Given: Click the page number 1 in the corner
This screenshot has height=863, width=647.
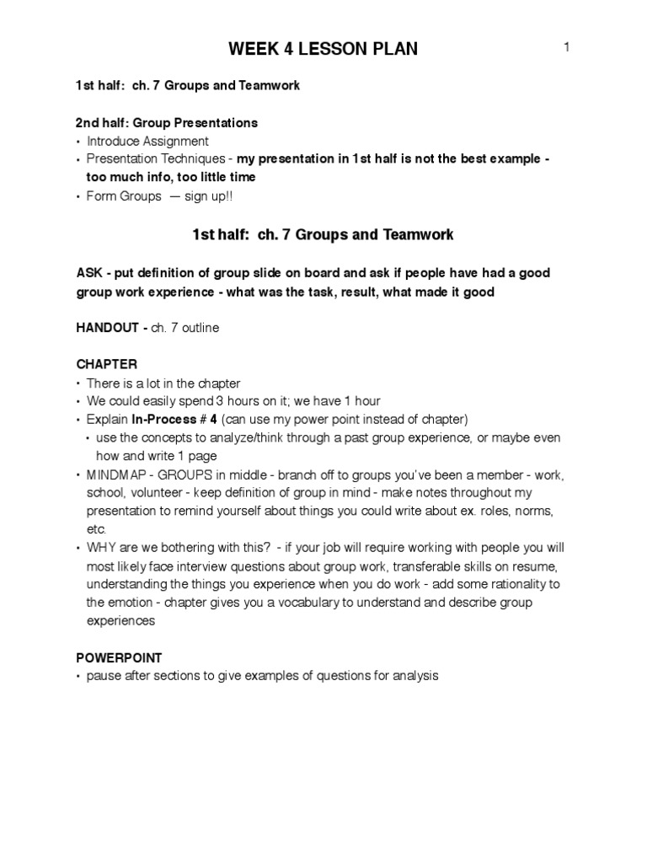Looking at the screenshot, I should (567, 47).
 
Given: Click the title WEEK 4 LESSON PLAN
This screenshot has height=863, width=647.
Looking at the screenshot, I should (323, 50).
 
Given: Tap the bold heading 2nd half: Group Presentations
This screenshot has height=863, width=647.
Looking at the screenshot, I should (167, 123).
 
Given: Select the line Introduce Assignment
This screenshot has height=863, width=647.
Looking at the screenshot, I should (147, 142).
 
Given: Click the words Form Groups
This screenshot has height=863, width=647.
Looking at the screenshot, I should (124, 196).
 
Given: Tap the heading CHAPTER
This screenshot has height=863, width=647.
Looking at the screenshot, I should (106, 365).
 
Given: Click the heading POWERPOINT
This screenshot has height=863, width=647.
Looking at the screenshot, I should (119, 657).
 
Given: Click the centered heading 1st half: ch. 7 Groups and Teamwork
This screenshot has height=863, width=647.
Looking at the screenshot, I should (323, 235).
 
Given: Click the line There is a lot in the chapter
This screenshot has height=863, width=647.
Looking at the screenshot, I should (163, 383).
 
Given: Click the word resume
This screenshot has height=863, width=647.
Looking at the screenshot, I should (532, 566).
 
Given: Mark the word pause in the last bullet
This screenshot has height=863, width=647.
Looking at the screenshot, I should (104, 676).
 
